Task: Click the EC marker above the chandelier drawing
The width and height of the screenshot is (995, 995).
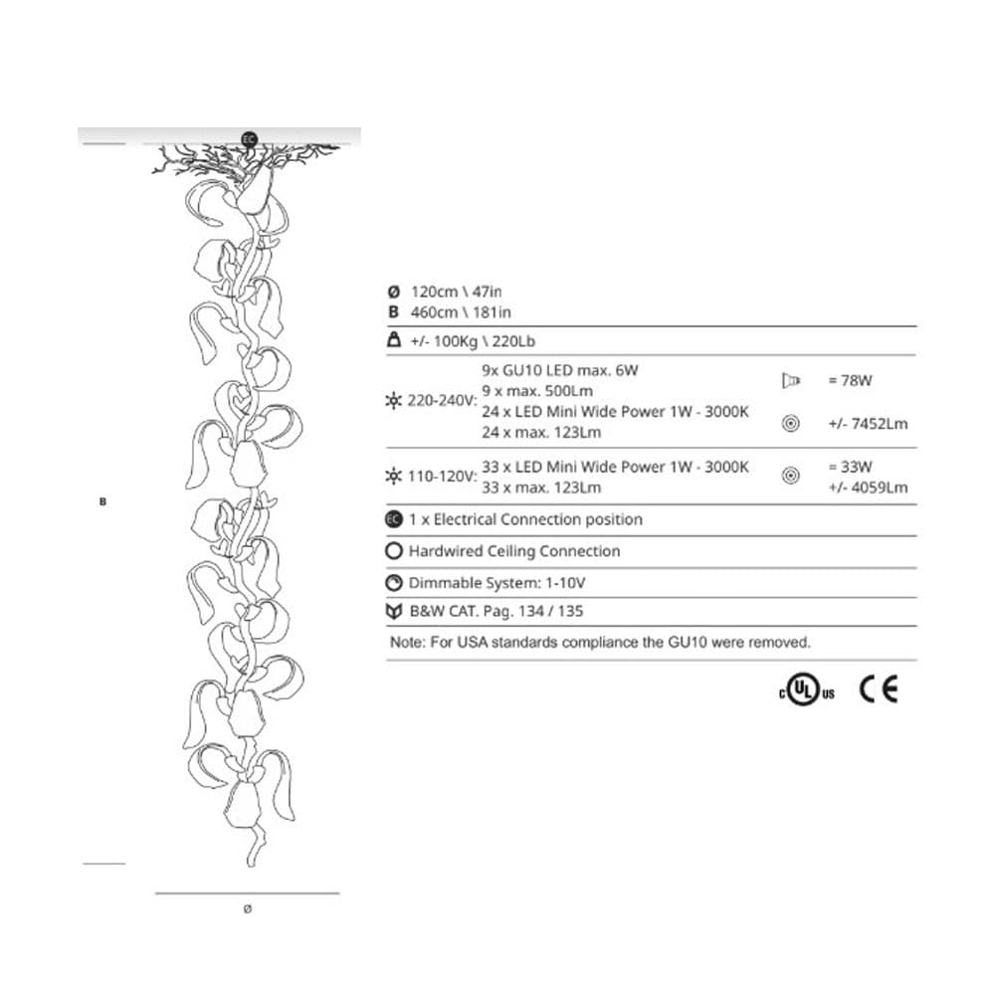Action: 249,138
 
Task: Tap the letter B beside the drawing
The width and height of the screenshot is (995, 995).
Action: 102,501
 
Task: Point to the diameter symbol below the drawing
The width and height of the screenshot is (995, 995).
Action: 248,908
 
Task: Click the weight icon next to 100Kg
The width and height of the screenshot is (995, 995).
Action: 393,340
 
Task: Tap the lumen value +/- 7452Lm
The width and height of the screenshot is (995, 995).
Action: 867,424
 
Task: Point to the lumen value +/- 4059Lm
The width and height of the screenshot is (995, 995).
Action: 867,488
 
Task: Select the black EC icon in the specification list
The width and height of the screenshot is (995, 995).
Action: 393,519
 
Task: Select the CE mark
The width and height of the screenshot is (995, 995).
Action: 879,689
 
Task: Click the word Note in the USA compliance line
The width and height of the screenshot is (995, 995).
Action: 407,643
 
